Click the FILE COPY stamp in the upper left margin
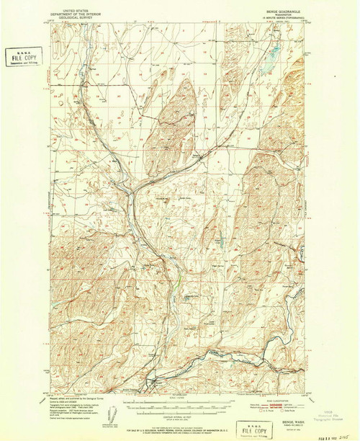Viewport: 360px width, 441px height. (x=22, y=58)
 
